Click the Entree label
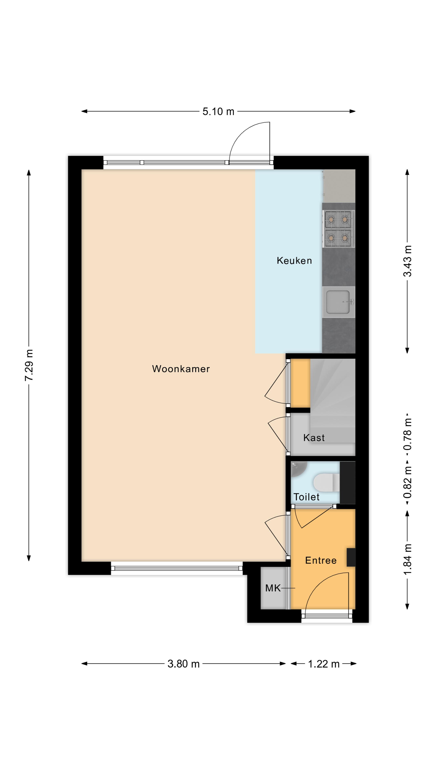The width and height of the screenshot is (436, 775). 321,560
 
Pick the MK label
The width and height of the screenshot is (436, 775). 273,588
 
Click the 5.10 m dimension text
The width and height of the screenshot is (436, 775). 218,112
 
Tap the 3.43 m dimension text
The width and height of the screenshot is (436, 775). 407,261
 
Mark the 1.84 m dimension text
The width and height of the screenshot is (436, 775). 407,560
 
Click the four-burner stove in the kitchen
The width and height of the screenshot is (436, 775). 339,229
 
